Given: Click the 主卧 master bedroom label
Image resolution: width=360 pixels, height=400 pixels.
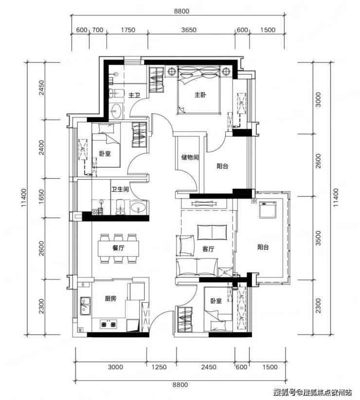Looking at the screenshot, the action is pyautogui.click(x=200, y=95).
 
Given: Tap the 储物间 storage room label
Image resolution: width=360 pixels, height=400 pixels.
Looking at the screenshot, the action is pyautogui.click(x=190, y=157).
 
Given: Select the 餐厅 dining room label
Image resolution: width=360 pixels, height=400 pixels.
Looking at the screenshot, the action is pyautogui.click(x=118, y=248).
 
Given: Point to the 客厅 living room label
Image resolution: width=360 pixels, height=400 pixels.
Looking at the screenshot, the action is pyautogui.click(x=208, y=249).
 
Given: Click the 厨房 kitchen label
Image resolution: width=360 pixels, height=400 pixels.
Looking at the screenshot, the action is pyautogui.click(x=110, y=298).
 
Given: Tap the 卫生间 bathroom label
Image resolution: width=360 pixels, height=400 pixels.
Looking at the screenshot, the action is pyautogui.click(x=120, y=190).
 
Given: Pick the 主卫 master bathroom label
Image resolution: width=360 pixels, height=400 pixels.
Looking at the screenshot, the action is pyautogui.click(x=134, y=96).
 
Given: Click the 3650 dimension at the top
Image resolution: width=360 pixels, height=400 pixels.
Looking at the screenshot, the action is pyautogui.click(x=189, y=30).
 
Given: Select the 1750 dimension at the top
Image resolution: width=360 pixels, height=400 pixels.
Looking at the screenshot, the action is pyautogui.click(x=128, y=30).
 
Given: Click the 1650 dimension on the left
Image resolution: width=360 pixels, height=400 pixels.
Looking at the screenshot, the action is pyautogui.click(x=41, y=197).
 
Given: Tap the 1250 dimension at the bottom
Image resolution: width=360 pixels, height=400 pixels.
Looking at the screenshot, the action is pyautogui.click(x=159, y=367).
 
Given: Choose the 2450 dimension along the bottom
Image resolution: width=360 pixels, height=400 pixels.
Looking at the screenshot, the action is pyautogui.click(x=209, y=367).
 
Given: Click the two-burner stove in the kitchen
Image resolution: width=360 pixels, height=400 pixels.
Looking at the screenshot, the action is pyautogui.click(x=108, y=324).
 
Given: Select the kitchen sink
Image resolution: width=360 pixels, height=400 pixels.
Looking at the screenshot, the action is pyautogui.click(x=85, y=306).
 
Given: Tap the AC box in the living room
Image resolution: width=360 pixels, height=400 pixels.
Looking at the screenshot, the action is pyautogui.click(x=225, y=272).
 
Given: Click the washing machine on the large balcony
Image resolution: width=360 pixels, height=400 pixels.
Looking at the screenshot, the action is pyautogui.click(x=268, y=210).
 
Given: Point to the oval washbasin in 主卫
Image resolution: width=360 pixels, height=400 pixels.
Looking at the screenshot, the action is pyautogui.click(x=117, y=111).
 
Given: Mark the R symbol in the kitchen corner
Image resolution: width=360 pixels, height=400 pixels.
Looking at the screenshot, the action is pyautogui.click(x=83, y=285).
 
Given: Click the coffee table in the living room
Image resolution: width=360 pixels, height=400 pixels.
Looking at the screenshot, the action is pyautogui.click(x=212, y=233).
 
